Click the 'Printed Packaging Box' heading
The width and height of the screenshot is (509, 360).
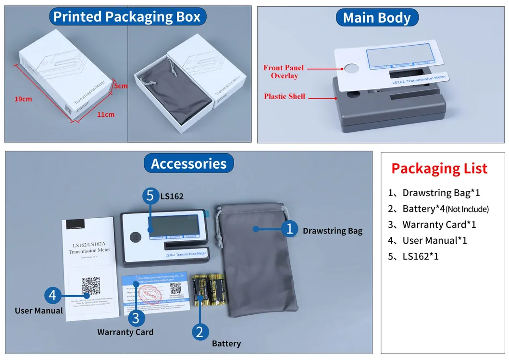127,17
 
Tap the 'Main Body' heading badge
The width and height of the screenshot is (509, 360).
377,18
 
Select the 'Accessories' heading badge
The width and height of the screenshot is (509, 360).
188,164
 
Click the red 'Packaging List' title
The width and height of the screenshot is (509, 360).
439,168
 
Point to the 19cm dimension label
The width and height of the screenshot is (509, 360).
23,99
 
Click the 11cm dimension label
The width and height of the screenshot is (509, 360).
106,114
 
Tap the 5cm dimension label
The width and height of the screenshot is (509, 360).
121,86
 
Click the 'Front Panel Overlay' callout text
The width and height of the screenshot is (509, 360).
284,72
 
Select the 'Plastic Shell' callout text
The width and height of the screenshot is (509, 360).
285,96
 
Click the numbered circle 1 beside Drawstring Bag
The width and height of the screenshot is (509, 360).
289,229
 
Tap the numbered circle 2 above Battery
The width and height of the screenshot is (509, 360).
200,332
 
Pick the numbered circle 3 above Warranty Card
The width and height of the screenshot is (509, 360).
136,317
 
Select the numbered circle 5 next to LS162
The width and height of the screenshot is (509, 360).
150,196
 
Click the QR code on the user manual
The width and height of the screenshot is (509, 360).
91,286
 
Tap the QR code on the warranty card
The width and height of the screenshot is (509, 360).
175,288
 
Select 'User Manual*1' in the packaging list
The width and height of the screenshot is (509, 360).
435,240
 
